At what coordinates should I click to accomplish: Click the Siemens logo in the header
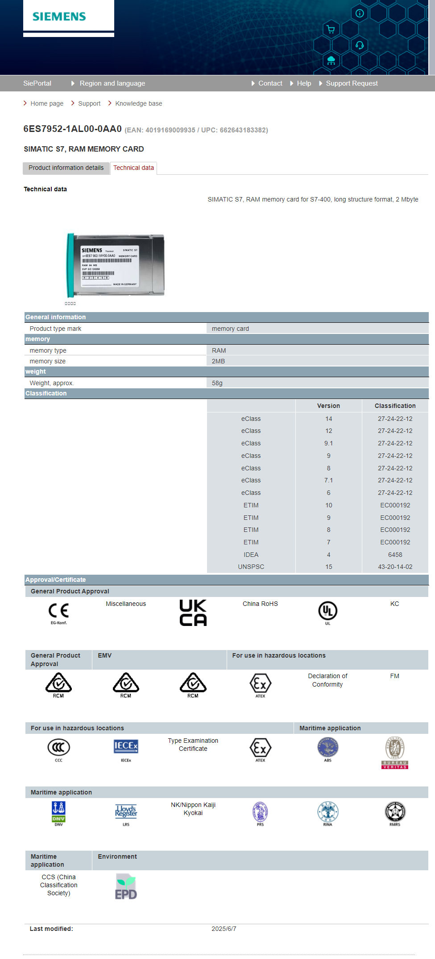(59, 17)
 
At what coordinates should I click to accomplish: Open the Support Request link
(352, 83)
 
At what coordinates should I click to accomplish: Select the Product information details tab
(66, 168)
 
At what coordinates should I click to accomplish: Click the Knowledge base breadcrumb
(138, 103)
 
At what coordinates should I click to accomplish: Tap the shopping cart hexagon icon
(331, 29)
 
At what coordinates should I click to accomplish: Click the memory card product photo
(116, 265)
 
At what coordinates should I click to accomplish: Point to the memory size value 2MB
(218, 361)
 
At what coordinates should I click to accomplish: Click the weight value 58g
(217, 383)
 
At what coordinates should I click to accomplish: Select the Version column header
(328, 406)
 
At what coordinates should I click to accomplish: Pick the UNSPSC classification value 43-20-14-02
(395, 567)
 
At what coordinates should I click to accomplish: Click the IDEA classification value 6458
(395, 555)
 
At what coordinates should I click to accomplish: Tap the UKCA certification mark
(193, 613)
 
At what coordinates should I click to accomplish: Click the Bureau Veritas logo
(395, 752)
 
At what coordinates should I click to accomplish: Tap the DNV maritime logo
(58, 812)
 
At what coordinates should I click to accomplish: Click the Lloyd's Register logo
(126, 812)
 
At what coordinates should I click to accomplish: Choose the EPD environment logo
(126, 886)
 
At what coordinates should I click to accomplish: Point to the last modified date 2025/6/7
(224, 929)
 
